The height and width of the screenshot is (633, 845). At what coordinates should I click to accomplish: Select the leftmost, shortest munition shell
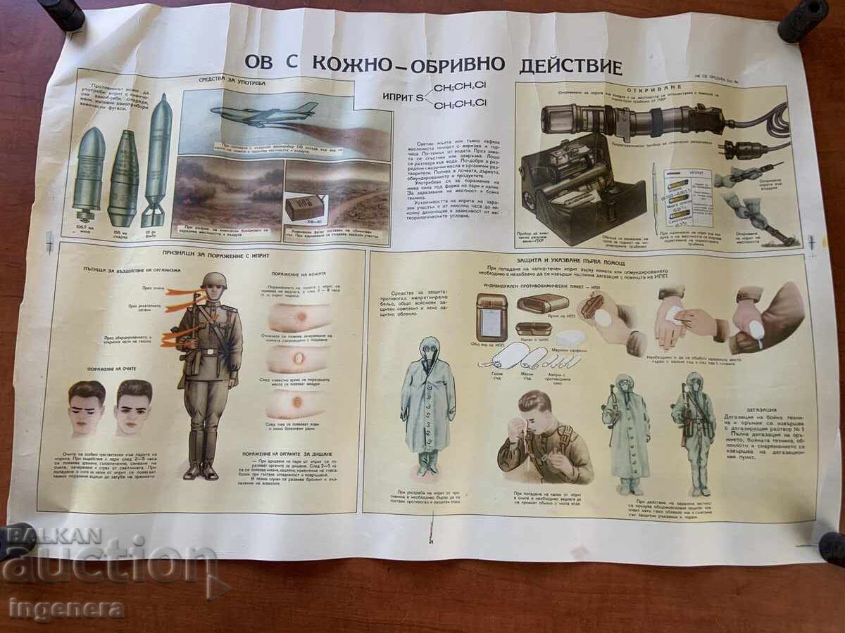(x=89, y=172)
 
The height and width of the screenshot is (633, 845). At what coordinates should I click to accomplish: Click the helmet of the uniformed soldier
(x=213, y=280)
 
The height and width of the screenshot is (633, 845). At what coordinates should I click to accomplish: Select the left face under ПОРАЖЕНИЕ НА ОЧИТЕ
(x=87, y=407)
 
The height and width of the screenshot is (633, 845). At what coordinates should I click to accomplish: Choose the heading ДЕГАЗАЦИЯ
(x=762, y=409)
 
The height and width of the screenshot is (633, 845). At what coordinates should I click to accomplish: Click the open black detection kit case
(x=582, y=190)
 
